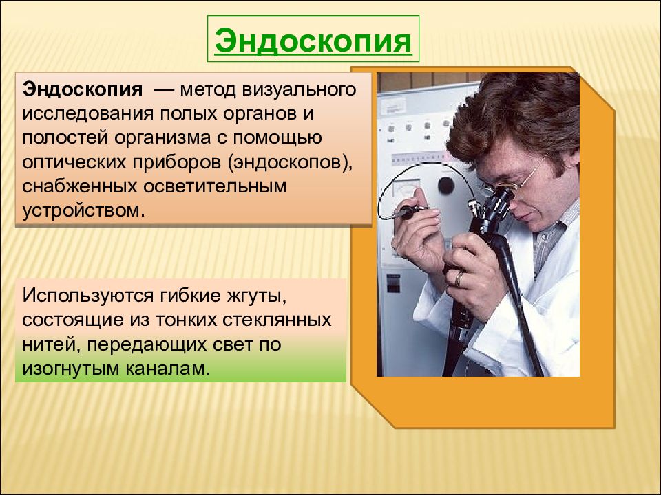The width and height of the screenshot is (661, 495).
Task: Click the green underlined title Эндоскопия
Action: (313, 41)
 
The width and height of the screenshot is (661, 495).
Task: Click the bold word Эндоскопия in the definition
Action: (83, 89)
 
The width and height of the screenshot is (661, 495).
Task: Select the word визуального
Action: (299, 89)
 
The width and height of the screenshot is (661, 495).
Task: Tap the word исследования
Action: (87, 113)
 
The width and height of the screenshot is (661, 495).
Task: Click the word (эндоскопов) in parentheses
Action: (290, 163)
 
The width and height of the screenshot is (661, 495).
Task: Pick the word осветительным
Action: (215, 186)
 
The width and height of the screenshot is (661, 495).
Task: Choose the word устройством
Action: (83, 211)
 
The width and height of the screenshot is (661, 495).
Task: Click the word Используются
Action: (87, 296)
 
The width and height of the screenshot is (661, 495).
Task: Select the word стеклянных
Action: (277, 320)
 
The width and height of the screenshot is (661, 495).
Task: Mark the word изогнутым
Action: (71, 368)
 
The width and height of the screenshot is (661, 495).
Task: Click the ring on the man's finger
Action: (459, 278)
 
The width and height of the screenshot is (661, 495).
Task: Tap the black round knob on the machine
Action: (446, 185)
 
